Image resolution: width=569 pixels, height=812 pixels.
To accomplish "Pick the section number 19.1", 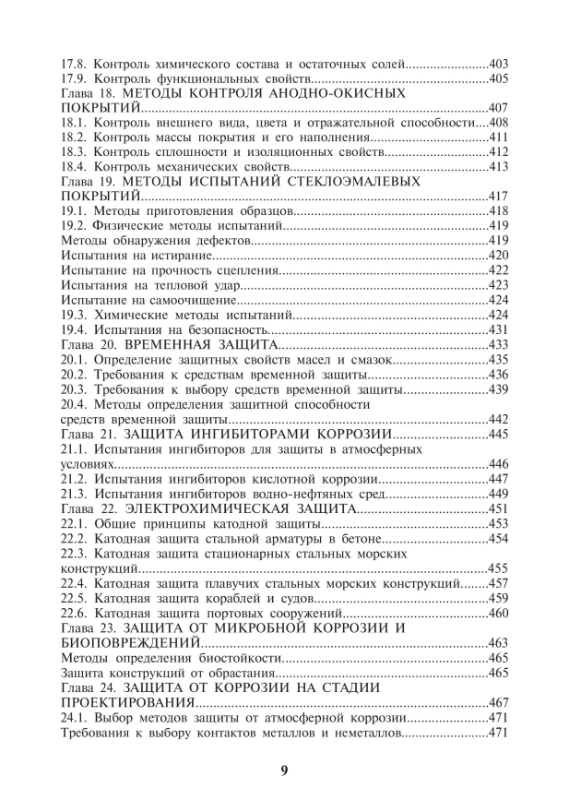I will click(73, 210).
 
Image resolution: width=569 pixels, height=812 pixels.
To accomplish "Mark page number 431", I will click(498, 328).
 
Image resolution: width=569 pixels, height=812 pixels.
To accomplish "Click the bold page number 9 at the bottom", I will click(284, 770).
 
